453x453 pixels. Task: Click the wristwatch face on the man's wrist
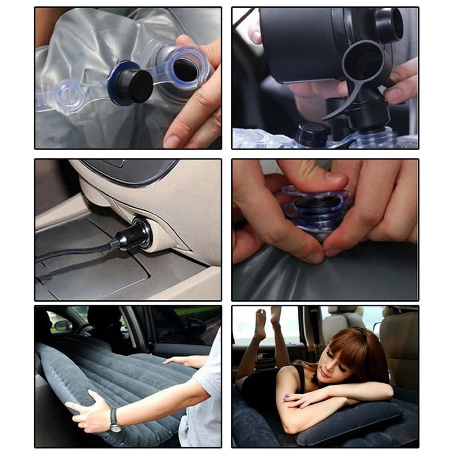click(x=114, y=426)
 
